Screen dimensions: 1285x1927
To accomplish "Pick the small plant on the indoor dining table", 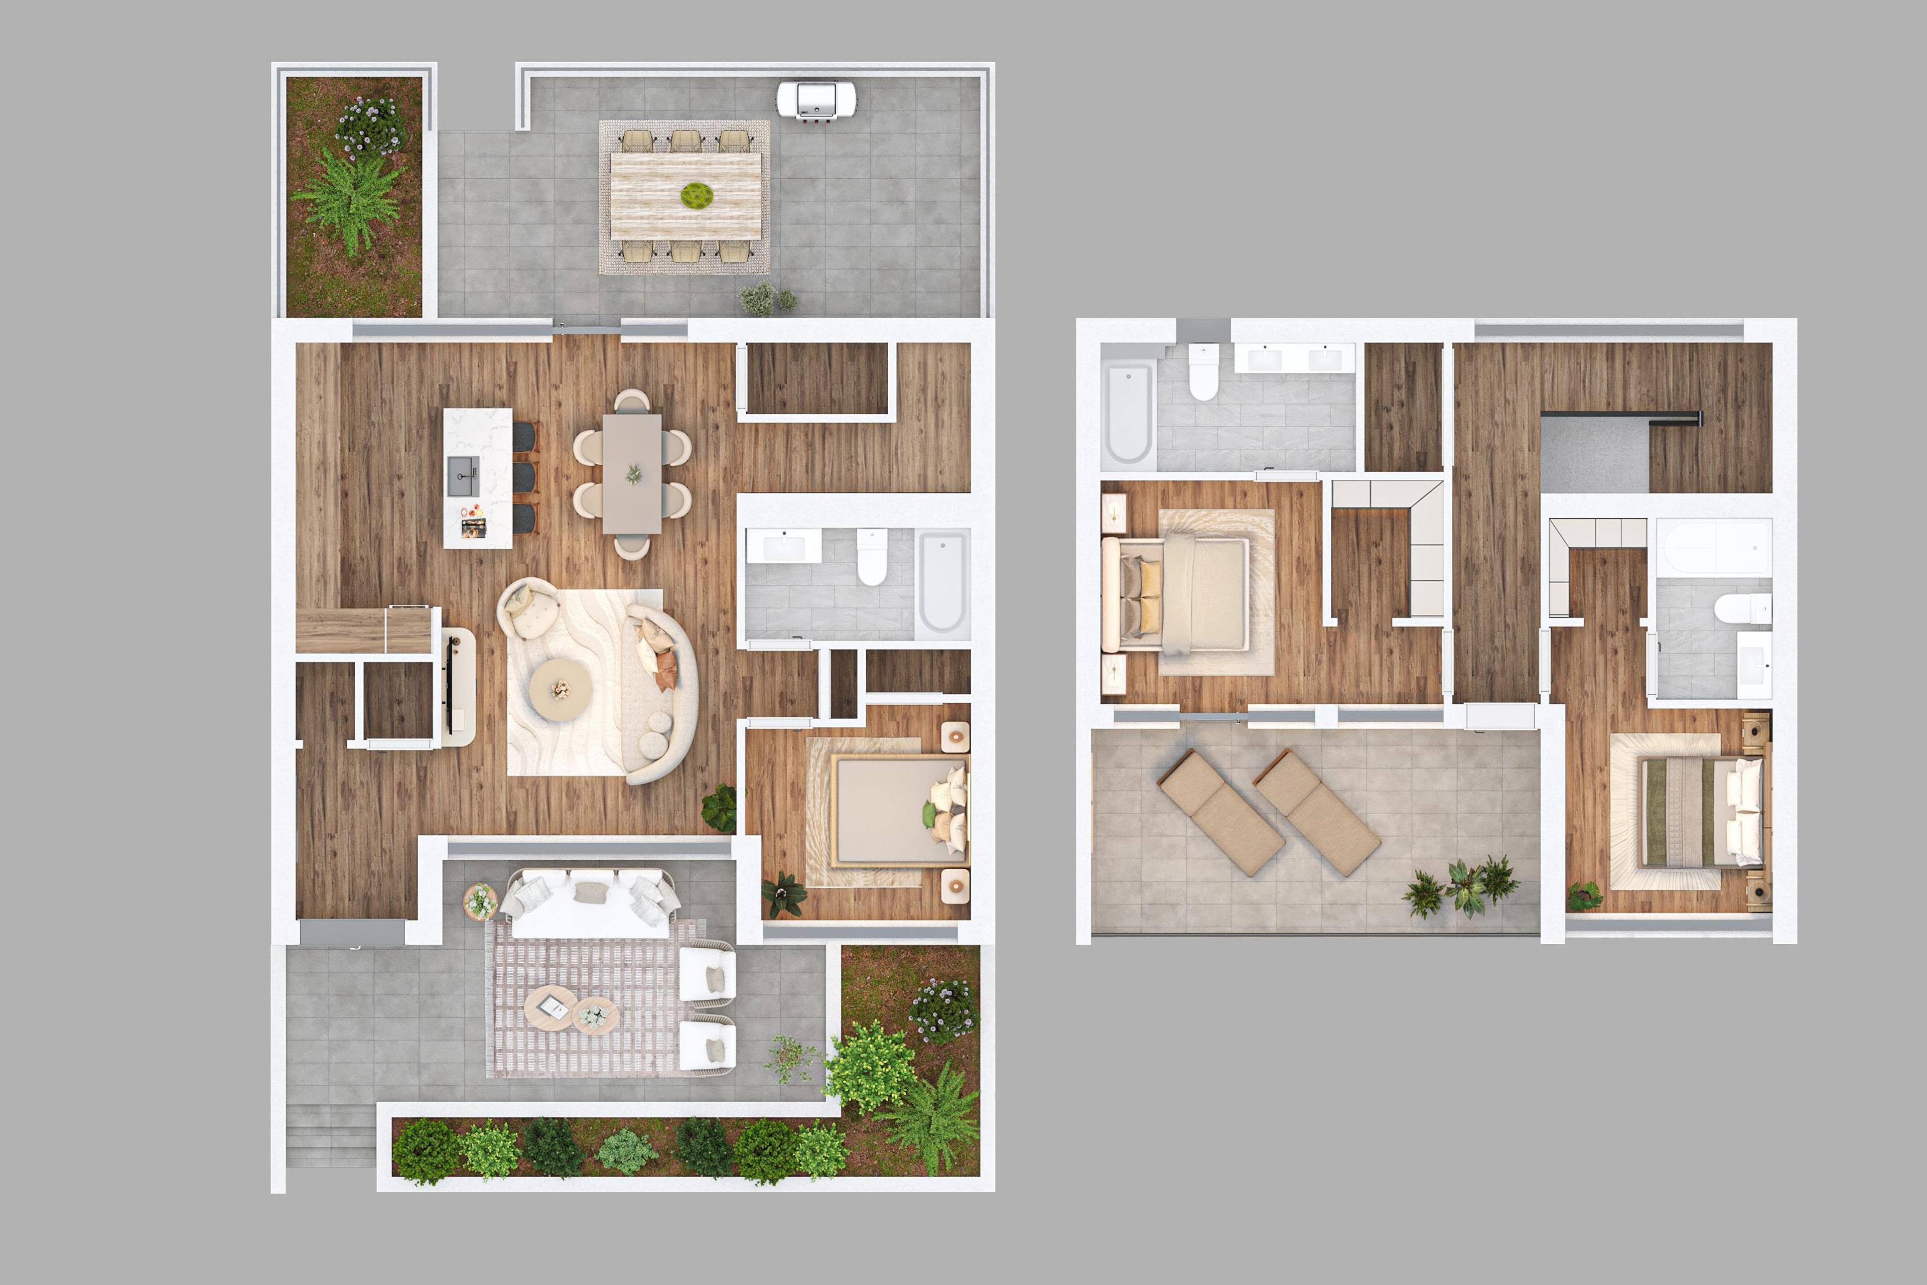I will (x=633, y=474).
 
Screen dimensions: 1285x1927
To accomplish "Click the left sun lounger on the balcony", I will (x=1220, y=814).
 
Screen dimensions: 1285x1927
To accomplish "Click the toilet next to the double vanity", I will (x=1203, y=373).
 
